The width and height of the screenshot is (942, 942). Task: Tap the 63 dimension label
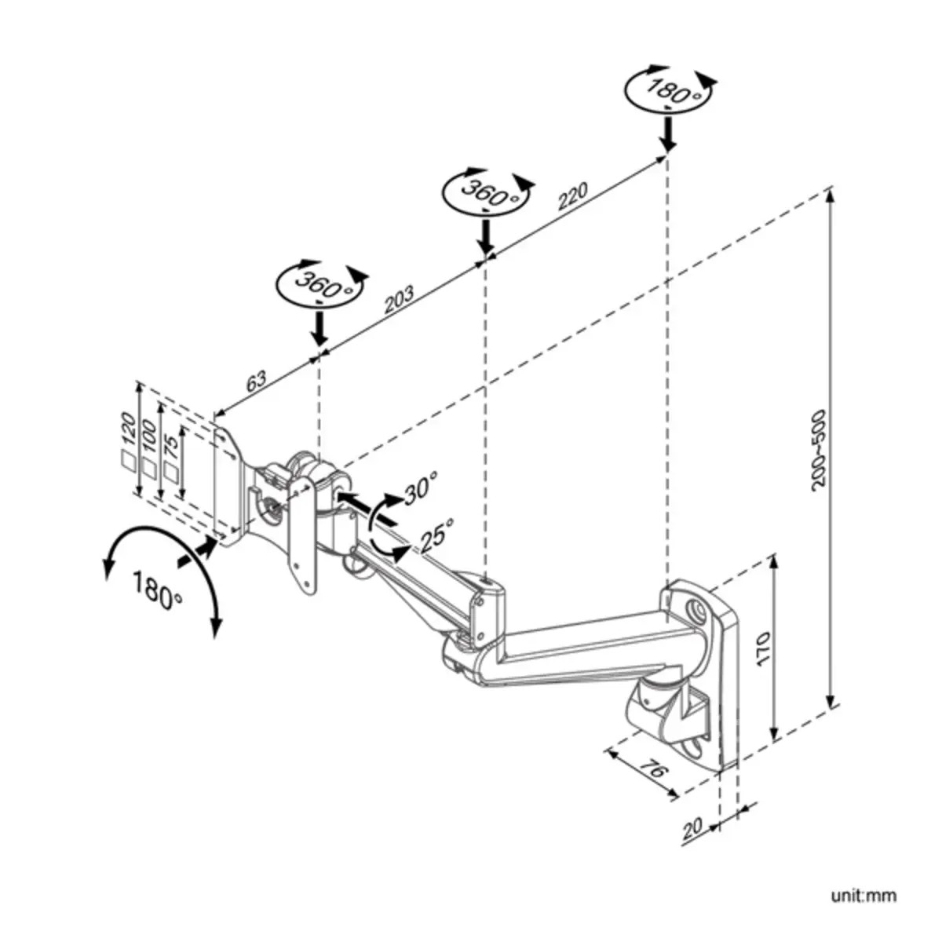click(x=257, y=382)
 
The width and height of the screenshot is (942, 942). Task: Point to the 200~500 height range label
click(x=818, y=450)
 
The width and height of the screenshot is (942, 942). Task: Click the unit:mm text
click(x=863, y=896)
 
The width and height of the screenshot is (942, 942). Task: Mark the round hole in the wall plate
click(x=694, y=609)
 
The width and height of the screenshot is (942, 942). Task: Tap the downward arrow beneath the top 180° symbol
click(x=667, y=133)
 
